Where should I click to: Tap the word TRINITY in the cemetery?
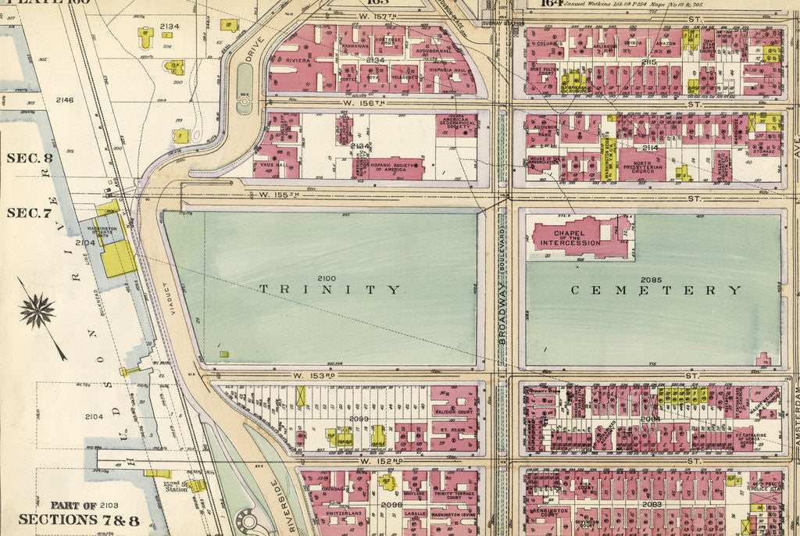tap(329, 289)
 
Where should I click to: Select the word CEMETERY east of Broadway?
tap(655, 290)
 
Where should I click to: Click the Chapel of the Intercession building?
tap(579, 238)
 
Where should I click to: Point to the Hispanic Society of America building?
tap(388, 166)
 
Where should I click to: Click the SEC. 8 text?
tap(30, 158)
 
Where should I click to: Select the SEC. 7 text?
tap(30, 213)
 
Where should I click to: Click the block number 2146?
tap(64, 100)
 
